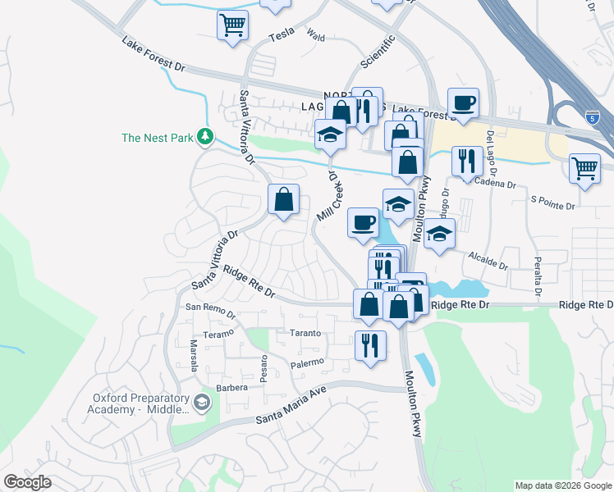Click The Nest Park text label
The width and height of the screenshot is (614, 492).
157,138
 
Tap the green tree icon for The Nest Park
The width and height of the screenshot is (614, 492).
205,138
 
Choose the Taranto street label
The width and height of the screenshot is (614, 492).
305,334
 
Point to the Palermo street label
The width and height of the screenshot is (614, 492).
308,362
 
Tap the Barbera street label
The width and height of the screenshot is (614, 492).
232,387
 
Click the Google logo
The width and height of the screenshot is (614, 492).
28,482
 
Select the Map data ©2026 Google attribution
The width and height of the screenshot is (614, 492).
562,485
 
